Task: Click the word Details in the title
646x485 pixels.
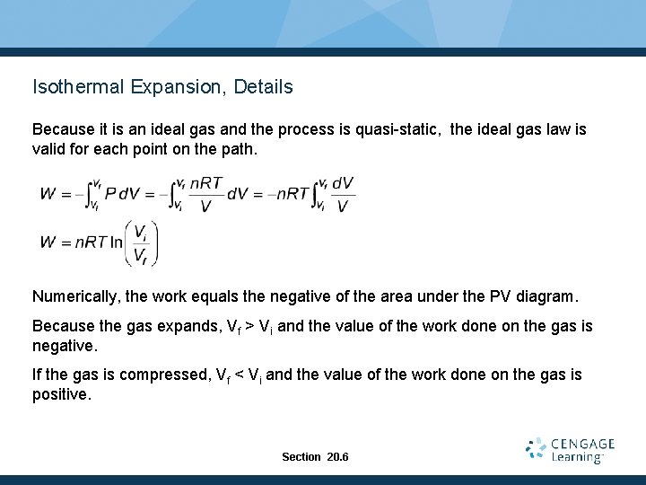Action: pos(263,87)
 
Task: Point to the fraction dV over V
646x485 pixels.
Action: pos(343,194)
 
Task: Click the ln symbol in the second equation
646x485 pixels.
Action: pos(117,242)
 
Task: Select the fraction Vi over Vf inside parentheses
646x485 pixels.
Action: pos(141,243)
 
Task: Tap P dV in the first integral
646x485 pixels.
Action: pos(121,192)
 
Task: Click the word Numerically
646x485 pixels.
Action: pos(76,295)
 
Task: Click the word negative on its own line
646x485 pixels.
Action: pos(64,346)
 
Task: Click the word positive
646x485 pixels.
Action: pos(61,394)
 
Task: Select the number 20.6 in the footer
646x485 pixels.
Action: pos(338,457)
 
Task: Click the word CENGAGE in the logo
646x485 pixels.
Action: pos(582,444)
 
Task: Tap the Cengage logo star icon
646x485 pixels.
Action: pos(537,449)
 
